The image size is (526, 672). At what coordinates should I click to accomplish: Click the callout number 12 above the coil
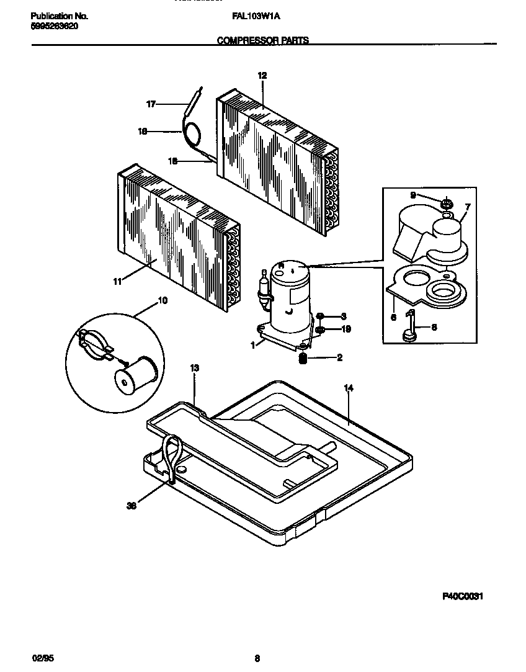coord(262,75)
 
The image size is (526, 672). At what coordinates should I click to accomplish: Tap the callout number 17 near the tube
coord(150,104)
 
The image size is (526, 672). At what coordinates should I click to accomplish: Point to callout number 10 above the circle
coord(163,301)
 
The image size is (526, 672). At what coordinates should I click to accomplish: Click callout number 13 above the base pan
coord(194,369)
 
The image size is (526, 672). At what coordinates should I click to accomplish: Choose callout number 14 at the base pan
coord(348,388)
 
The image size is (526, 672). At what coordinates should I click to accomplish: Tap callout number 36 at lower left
coord(131,506)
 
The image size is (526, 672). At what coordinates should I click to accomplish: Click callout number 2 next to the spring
coord(339,357)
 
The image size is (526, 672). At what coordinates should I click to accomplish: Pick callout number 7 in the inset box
coord(467,206)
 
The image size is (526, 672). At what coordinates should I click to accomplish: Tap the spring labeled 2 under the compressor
coord(303,358)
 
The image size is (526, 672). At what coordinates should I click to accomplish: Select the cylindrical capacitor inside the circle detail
coord(135,375)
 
